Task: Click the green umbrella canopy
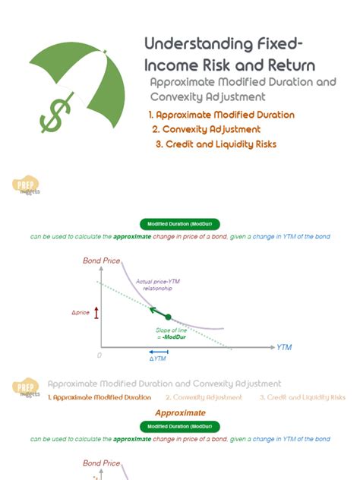(x=84, y=68)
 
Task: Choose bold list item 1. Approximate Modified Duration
(x=221, y=115)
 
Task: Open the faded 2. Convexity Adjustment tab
(x=204, y=397)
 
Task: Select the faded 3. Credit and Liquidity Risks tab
(x=302, y=397)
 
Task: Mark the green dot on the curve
(x=168, y=317)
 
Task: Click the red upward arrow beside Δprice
(x=96, y=313)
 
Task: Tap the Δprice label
(x=81, y=313)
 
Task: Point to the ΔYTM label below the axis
(x=157, y=358)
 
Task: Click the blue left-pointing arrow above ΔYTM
(x=158, y=351)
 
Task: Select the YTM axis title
(x=284, y=347)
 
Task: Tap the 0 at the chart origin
(x=99, y=355)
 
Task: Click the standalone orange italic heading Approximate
(x=180, y=412)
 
